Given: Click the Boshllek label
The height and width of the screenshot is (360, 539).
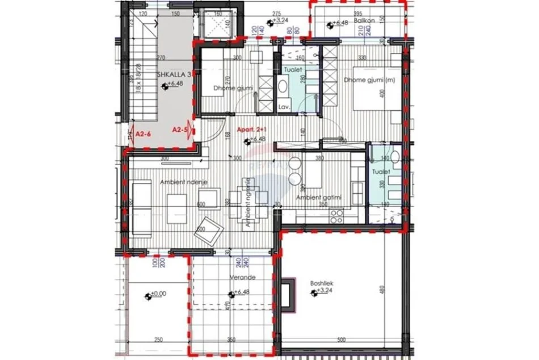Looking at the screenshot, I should pyautogui.click(x=322, y=284).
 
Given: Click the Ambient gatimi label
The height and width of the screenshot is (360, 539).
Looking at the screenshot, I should pyautogui.click(x=318, y=197).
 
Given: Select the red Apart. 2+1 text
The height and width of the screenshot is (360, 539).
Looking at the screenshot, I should pyautogui.click(x=250, y=130).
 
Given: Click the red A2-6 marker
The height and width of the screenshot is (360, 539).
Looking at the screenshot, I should pyautogui.click(x=144, y=133).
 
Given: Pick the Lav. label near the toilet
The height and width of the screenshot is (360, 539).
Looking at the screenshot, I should pyautogui.click(x=284, y=107).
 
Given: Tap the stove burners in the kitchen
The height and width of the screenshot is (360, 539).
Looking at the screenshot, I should pyautogui.click(x=336, y=215).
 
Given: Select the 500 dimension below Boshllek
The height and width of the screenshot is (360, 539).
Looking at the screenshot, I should pyautogui.click(x=341, y=340).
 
